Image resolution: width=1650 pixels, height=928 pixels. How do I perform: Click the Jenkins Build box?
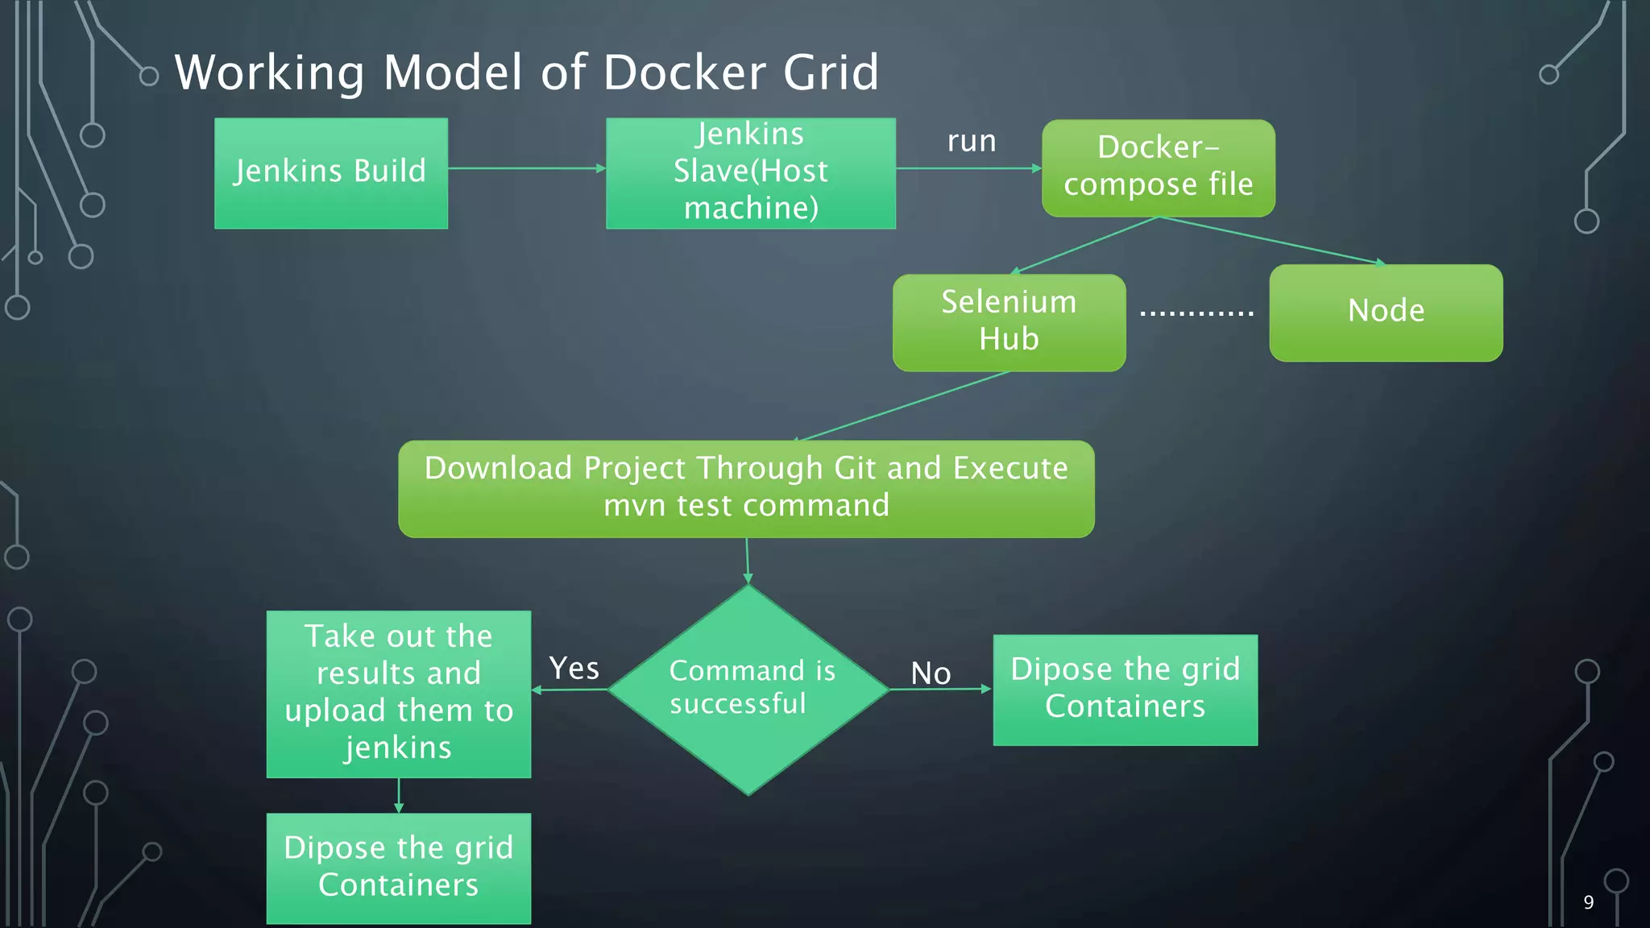click(330, 173)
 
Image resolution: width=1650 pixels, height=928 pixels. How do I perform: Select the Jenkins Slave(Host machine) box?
click(750, 173)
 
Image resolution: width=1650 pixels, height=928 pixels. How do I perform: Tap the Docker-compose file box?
click(1158, 168)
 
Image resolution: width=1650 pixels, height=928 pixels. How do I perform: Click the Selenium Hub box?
click(1009, 322)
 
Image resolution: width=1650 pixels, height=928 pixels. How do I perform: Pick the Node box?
click(1386, 313)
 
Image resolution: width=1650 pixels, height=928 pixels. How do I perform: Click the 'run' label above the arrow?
click(972, 141)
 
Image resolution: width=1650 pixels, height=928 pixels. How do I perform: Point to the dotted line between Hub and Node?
click(1196, 313)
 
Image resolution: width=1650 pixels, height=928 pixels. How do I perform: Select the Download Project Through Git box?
click(746, 488)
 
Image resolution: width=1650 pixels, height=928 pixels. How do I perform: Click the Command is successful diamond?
click(748, 690)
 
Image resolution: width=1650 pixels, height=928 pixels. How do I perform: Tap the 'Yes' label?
click(574, 669)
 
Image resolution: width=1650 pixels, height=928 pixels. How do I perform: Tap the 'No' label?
click(931, 673)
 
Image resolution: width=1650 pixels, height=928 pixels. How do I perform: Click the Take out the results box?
click(399, 694)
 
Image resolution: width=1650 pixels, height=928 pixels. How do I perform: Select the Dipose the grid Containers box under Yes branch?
click(399, 868)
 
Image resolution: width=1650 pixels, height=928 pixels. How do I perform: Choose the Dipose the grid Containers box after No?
click(1125, 690)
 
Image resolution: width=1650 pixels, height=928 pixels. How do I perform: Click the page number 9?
click(1588, 902)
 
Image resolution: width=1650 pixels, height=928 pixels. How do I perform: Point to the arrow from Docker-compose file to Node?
click(1273, 241)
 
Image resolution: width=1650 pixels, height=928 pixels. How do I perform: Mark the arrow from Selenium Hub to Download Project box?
click(902, 406)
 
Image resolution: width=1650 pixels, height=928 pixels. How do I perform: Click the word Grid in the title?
click(831, 72)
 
